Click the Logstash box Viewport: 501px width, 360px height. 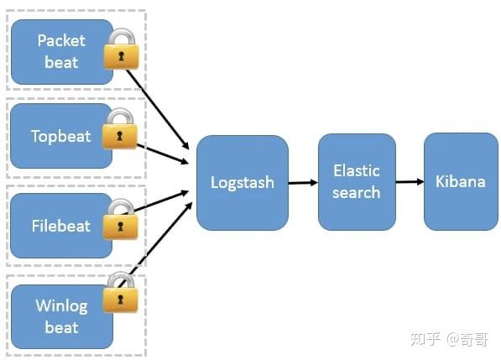click(242, 182)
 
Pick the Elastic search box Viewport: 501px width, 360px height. click(357, 182)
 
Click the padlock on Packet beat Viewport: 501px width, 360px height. click(121, 51)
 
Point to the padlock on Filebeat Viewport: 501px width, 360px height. click(121, 221)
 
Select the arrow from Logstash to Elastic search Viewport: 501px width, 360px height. click(303, 182)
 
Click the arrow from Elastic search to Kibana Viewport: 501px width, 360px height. click(410, 181)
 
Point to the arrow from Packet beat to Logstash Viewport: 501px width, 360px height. click(164, 113)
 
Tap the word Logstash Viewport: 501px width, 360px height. click(242, 182)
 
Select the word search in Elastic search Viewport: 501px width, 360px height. click(357, 192)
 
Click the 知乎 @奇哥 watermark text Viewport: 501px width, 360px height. click(448, 338)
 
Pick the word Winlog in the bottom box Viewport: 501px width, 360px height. click(61, 305)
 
